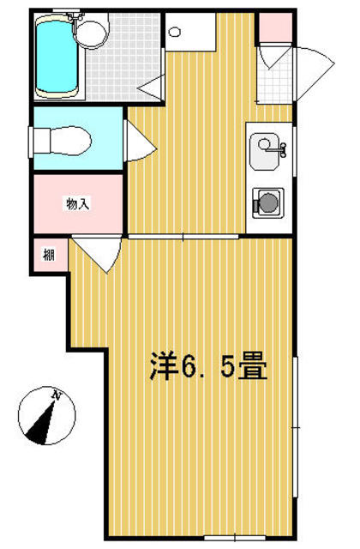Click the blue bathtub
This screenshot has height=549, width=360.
pos(57,56)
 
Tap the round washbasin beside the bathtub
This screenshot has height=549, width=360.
pos(91,34)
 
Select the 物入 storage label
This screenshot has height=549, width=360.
pos(78,204)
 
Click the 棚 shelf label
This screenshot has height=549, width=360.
pos(49,254)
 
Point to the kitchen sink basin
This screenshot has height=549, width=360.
pos(265,151)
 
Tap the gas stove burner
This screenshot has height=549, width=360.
pos(268,202)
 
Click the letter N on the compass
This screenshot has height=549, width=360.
pos(56,395)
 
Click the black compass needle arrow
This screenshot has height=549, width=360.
pos(42,425)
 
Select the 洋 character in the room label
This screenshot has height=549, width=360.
pos(162,366)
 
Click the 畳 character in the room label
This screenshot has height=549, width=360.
pos(254,366)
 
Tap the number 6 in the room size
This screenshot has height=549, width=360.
pos(189,367)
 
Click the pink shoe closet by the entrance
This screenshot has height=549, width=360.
pos(275,27)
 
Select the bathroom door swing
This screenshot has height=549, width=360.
pos(151,87)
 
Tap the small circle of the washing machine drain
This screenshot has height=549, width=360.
pos(174,33)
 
